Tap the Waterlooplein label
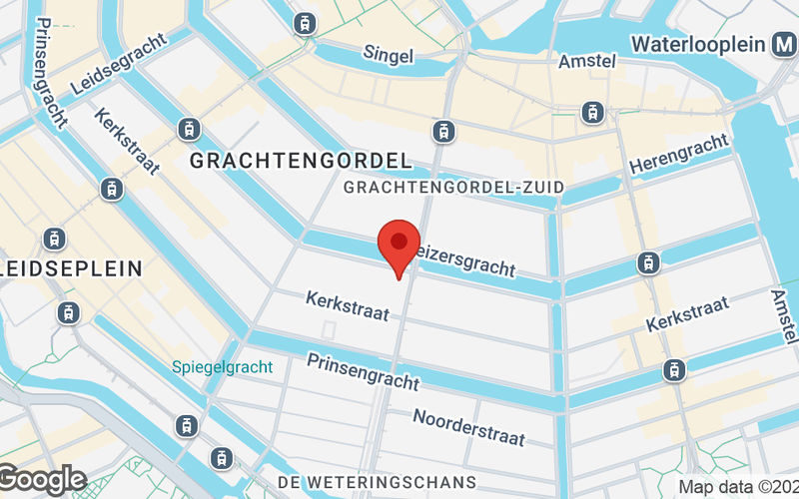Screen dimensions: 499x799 pyautogui.click(x=697, y=45)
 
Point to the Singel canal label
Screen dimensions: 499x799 pyautogui.click(x=388, y=54)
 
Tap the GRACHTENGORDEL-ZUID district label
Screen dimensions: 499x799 pyautogui.click(x=453, y=188)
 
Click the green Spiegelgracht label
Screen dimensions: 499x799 pyautogui.click(x=222, y=367)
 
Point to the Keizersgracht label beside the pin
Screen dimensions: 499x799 pyautogui.click(x=465, y=257)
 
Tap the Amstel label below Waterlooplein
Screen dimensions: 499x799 pyautogui.click(x=587, y=62)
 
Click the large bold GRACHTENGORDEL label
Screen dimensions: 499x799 pyautogui.click(x=300, y=160)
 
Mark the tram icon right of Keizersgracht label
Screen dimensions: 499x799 pyautogui.click(x=649, y=263)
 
